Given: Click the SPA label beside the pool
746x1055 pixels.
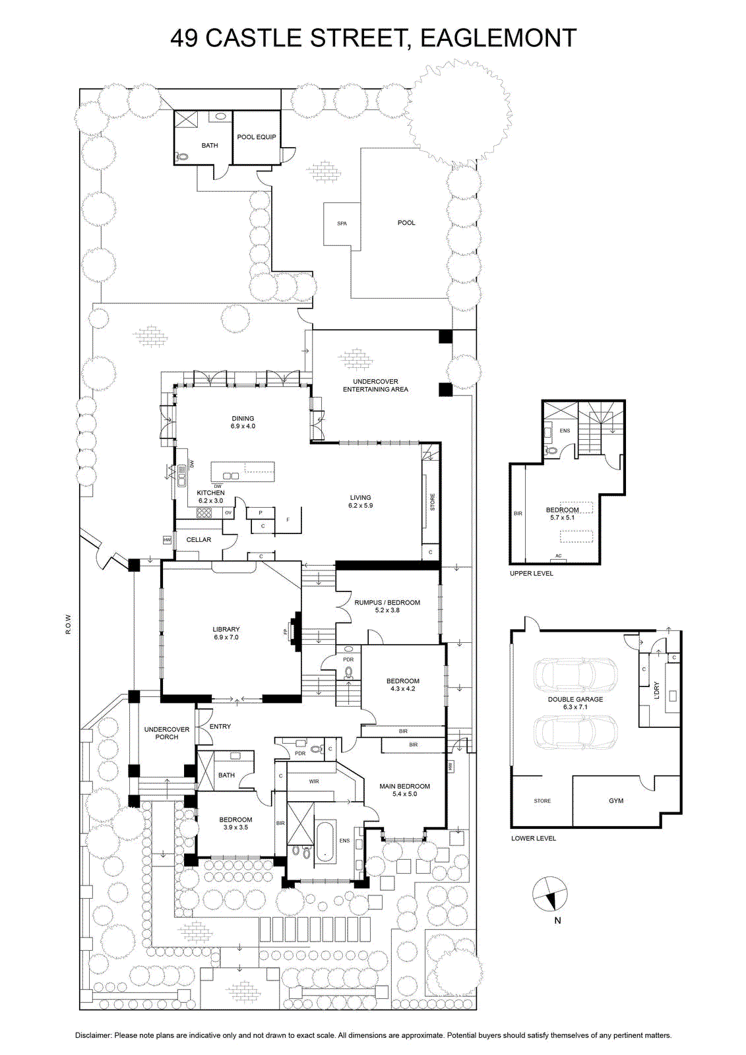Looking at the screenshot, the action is click(x=342, y=224).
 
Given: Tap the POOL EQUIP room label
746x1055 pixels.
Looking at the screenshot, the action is click(x=257, y=137).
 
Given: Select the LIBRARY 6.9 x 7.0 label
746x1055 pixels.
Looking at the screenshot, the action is click(x=226, y=633).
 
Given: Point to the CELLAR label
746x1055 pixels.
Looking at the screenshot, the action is click(x=199, y=540).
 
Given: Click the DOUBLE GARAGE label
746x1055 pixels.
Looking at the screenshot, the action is click(x=575, y=699).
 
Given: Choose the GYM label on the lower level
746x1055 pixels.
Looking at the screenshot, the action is click(x=616, y=800).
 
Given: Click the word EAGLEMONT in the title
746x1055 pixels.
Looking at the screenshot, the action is click(x=499, y=38).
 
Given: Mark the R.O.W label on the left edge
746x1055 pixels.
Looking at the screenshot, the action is click(x=69, y=624).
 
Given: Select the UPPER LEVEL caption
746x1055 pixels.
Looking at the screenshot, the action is click(x=532, y=573).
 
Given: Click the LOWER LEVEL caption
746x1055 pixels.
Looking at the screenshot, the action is click(x=534, y=838).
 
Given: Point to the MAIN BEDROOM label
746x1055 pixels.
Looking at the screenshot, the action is click(x=405, y=786).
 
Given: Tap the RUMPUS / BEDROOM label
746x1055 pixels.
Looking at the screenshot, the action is click(x=387, y=603).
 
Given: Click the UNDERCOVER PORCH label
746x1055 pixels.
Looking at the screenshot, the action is click(x=167, y=733).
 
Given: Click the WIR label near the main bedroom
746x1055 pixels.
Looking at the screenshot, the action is click(x=314, y=781).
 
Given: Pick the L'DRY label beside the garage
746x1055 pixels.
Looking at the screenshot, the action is click(x=656, y=690).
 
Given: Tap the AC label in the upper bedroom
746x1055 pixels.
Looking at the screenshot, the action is click(x=559, y=556).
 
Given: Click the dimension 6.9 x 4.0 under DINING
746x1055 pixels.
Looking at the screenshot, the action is click(x=243, y=426).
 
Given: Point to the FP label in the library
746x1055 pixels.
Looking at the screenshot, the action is click(x=285, y=632).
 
